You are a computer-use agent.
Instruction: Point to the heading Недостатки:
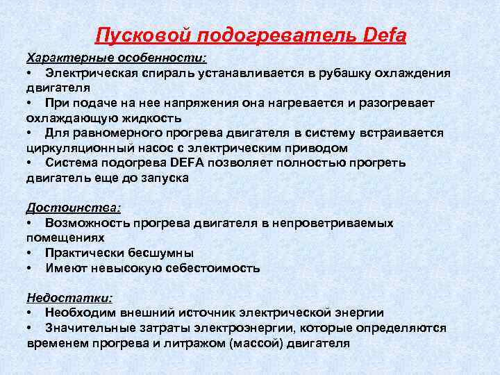(69, 297)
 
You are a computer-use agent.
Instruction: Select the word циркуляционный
(86, 147)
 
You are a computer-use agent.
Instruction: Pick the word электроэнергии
(235, 328)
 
